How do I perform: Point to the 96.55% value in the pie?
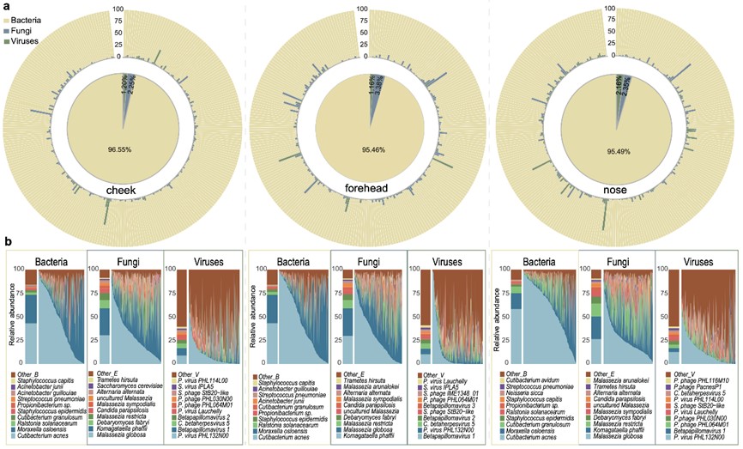(125, 149)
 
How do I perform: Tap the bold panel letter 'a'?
(7, 6)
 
